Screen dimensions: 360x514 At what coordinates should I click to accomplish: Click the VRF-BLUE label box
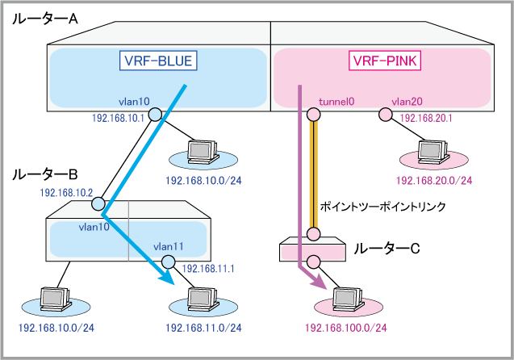pos(158,61)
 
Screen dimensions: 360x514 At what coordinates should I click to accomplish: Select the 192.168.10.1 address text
pos(119,118)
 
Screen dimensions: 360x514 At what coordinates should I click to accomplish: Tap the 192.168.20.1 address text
pos(427,118)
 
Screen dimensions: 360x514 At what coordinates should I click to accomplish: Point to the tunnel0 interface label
pos(337,103)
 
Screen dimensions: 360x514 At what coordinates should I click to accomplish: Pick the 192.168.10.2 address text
pos(67,193)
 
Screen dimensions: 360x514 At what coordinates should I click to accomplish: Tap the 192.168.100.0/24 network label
pos(345,329)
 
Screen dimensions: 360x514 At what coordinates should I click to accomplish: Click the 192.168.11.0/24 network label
pos(203,329)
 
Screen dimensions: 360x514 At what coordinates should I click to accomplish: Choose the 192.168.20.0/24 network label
pos(434,180)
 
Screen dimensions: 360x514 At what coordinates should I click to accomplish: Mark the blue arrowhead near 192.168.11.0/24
pos(168,278)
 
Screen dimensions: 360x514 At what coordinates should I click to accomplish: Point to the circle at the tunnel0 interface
pos(313,115)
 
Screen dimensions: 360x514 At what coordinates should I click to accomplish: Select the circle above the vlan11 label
pos(168,262)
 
